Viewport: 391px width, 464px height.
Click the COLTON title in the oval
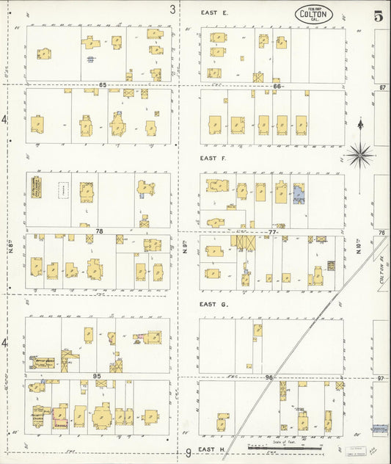click(315, 14)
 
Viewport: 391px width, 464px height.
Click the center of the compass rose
click(359, 153)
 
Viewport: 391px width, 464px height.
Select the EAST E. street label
click(214, 13)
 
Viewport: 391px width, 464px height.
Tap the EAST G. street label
click(214, 303)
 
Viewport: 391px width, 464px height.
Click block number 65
click(103, 86)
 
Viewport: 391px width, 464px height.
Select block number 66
click(276, 86)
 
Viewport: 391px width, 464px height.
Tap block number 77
click(273, 231)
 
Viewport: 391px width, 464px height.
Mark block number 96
click(269, 377)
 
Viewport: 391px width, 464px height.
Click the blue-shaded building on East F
click(299, 193)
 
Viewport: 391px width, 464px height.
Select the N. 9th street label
click(187, 249)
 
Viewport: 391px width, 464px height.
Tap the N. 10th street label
click(359, 249)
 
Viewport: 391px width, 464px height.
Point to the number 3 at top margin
click(173, 10)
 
